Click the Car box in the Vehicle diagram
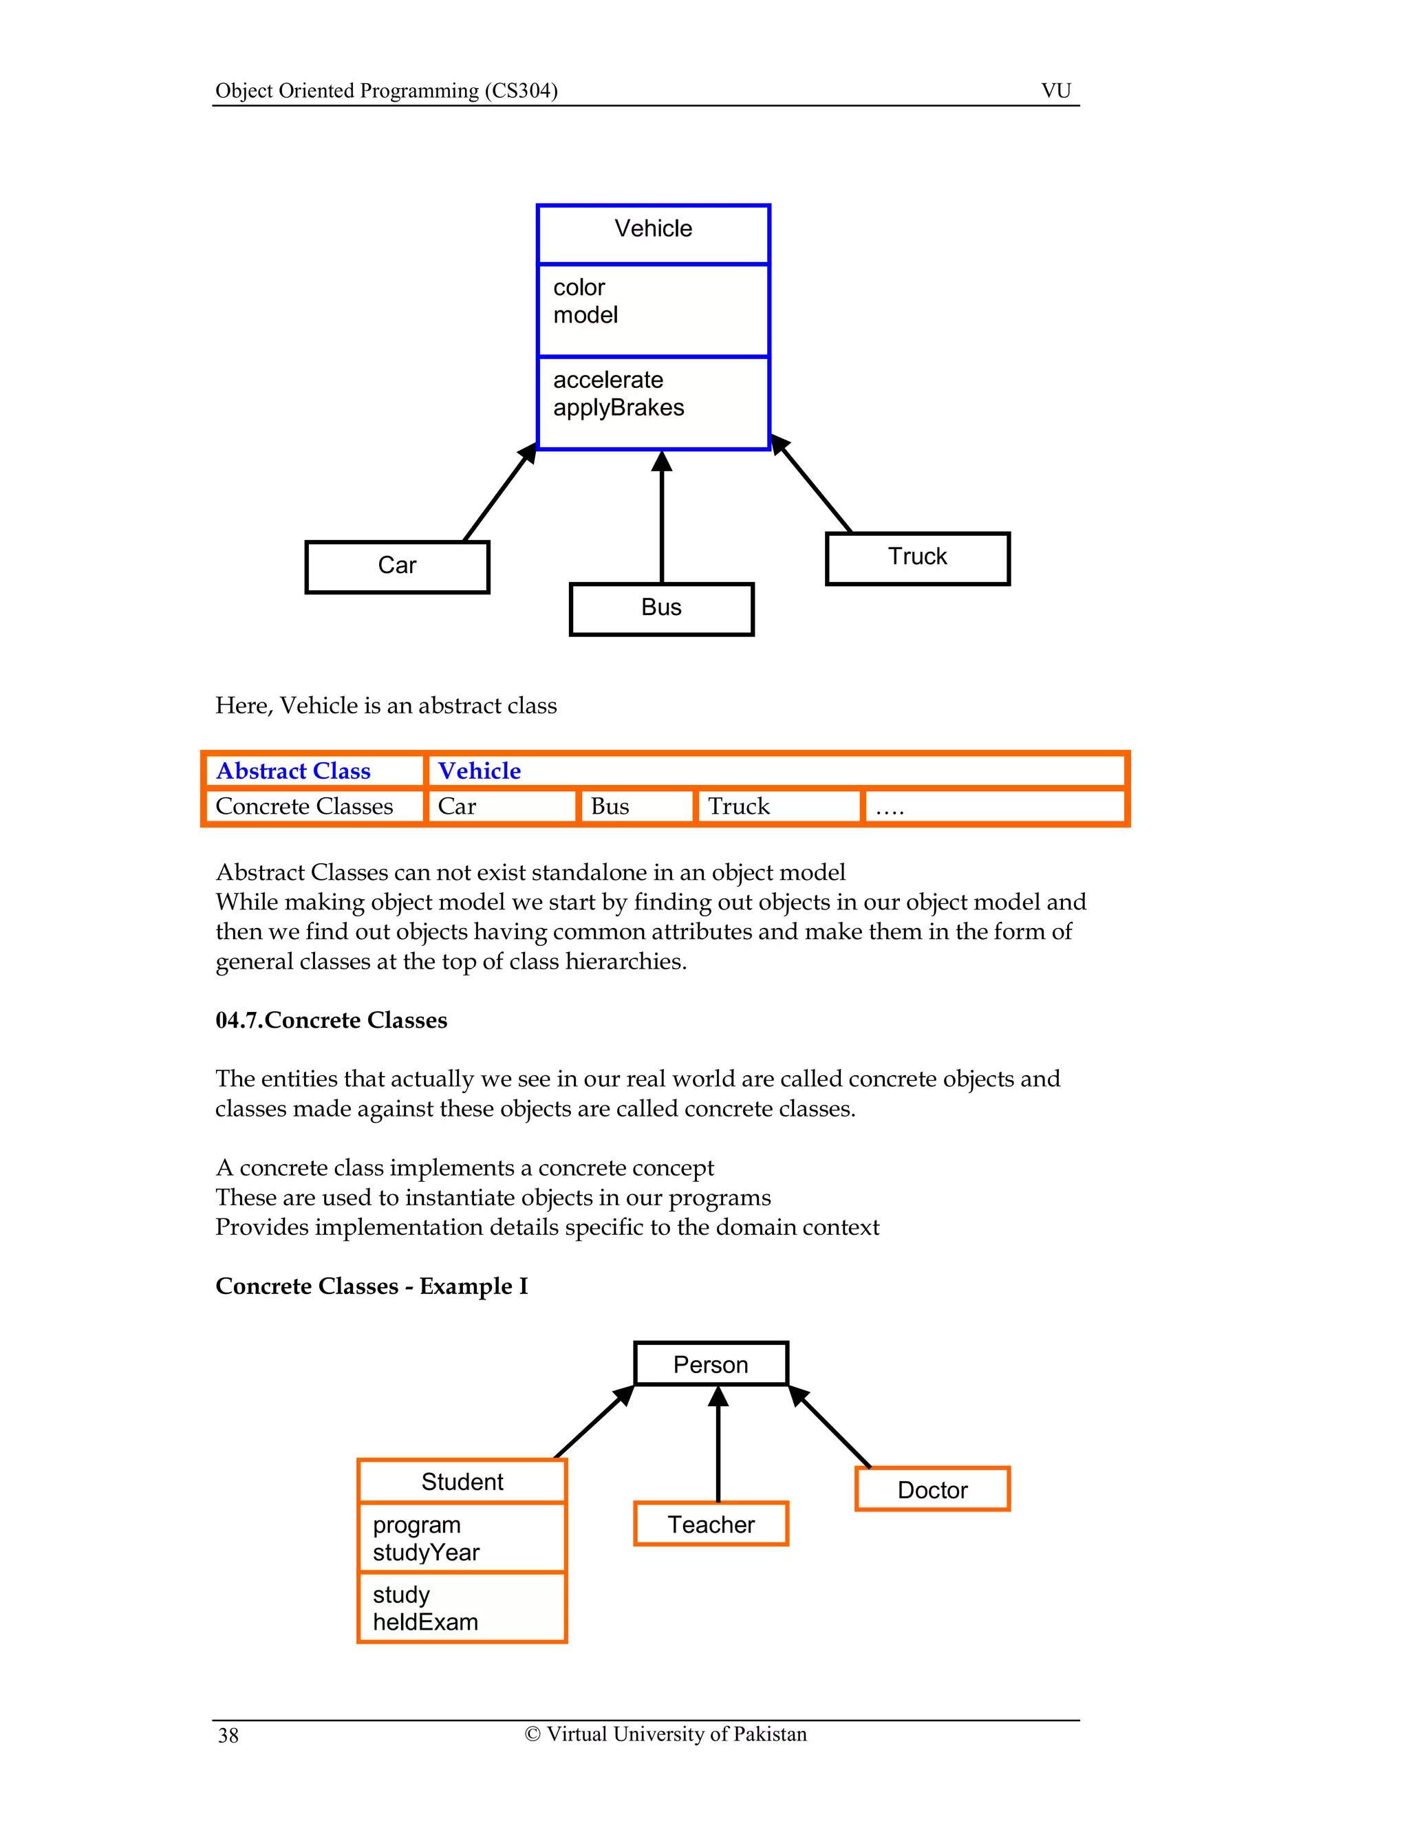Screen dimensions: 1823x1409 (x=398, y=567)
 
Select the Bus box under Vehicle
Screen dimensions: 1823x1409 (x=661, y=609)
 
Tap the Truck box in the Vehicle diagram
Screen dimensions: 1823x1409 (x=917, y=558)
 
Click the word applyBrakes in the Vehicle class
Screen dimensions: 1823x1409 (x=619, y=408)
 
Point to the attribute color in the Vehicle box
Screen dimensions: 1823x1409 (x=579, y=288)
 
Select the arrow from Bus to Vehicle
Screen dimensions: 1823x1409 (x=662, y=517)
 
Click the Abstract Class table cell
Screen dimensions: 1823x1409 (x=294, y=771)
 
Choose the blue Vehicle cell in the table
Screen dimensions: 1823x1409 (x=480, y=771)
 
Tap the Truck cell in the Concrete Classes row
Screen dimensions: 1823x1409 (x=739, y=807)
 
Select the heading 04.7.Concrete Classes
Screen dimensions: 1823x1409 (x=332, y=1021)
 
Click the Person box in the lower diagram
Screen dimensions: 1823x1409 (x=710, y=1365)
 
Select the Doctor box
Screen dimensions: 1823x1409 (x=932, y=1491)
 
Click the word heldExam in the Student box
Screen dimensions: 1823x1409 (x=426, y=1623)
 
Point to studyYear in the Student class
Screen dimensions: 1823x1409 (x=426, y=1553)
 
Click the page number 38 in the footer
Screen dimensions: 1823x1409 (x=228, y=1736)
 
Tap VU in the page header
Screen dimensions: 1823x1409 (x=1056, y=91)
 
